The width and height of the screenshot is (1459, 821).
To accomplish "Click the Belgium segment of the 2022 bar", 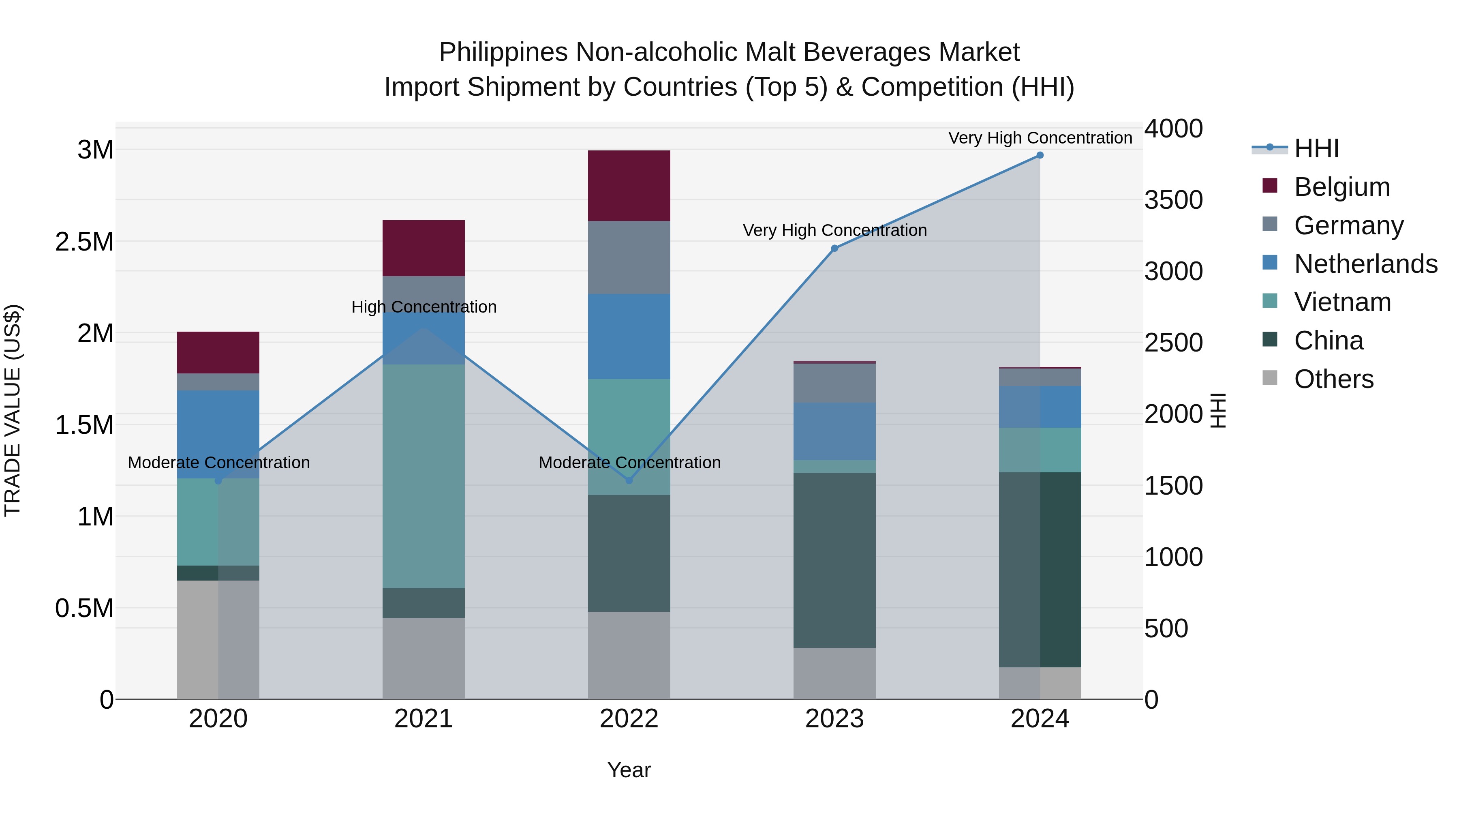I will (629, 185).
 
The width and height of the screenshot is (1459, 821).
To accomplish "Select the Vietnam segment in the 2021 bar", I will (424, 476).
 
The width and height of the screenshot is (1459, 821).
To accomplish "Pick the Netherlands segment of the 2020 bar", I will (218, 434).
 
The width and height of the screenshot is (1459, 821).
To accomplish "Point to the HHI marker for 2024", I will (1040, 155).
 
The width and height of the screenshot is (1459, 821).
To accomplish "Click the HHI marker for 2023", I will (834, 248).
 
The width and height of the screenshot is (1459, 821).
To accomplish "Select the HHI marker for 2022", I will (629, 480).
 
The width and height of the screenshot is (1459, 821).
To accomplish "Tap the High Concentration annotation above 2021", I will (424, 307).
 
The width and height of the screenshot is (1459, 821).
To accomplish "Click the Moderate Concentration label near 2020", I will (218, 463).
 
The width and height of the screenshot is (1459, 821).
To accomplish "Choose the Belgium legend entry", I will (1342, 187).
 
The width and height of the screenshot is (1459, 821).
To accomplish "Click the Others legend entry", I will (1333, 379).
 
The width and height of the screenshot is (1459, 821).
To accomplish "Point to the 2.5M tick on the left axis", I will (84, 242).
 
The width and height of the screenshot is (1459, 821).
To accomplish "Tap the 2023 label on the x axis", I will (834, 719).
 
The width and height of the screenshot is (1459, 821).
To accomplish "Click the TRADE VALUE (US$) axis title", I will (13, 410).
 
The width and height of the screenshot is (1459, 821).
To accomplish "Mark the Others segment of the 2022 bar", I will (629, 655).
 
